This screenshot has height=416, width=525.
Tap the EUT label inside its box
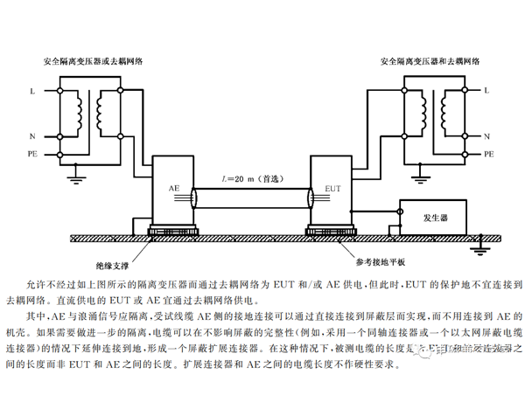point(333,188)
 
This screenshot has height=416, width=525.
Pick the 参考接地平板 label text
point(381,262)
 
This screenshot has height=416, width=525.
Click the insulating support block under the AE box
point(166,232)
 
